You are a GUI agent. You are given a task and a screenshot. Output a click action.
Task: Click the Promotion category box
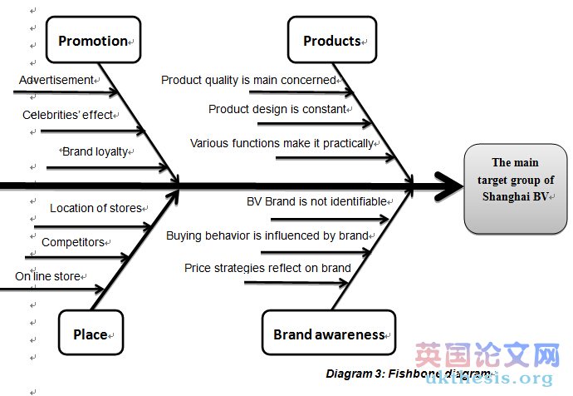click(x=94, y=41)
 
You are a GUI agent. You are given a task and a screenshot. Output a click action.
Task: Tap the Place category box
click(x=91, y=334)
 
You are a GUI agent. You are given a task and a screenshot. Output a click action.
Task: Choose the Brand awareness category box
click(x=329, y=334)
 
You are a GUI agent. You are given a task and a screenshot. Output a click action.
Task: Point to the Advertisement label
click(x=56, y=81)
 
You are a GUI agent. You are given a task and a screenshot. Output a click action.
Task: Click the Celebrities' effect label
click(x=68, y=116)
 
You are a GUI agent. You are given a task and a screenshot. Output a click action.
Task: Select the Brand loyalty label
click(x=99, y=152)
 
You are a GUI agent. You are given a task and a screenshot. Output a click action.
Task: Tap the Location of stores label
click(x=96, y=208)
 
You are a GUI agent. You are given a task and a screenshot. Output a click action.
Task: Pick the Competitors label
click(x=73, y=242)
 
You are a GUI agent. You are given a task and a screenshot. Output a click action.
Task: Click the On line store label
click(x=48, y=276)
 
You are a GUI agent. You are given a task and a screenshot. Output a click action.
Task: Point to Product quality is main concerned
click(x=248, y=81)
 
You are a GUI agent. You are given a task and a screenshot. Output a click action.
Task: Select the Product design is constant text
click(x=277, y=109)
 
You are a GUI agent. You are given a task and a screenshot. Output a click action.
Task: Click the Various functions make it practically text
click(x=282, y=143)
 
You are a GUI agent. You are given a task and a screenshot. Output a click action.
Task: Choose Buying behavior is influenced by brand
click(x=267, y=235)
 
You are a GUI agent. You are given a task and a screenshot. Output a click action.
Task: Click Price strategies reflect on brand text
click(x=267, y=268)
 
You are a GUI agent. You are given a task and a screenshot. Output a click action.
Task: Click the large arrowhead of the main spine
click(x=448, y=186)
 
